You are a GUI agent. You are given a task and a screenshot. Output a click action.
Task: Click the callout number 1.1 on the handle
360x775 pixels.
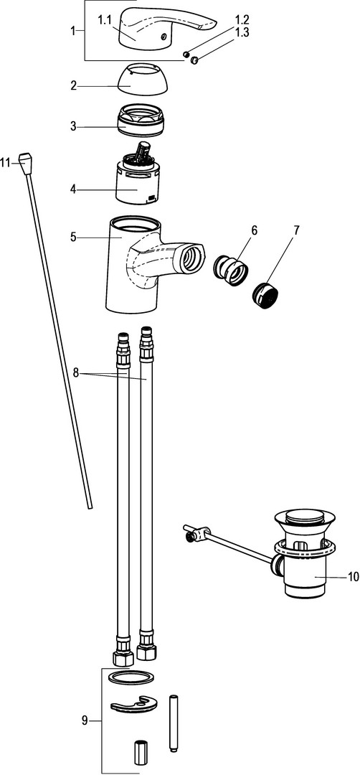pyautogui.click(x=105, y=20)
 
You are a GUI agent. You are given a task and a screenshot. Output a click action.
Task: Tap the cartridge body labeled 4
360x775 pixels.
pyautogui.click(x=138, y=180)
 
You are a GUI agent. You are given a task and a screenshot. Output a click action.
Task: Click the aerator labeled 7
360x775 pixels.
pyautogui.click(x=265, y=296)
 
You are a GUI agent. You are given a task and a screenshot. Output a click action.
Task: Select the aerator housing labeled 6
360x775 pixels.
pyautogui.click(x=231, y=269)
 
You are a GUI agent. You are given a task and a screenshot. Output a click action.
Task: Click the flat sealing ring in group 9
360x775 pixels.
pyautogui.click(x=131, y=677)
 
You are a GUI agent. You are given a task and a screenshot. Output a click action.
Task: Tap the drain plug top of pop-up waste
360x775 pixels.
pyautogui.click(x=303, y=518)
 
